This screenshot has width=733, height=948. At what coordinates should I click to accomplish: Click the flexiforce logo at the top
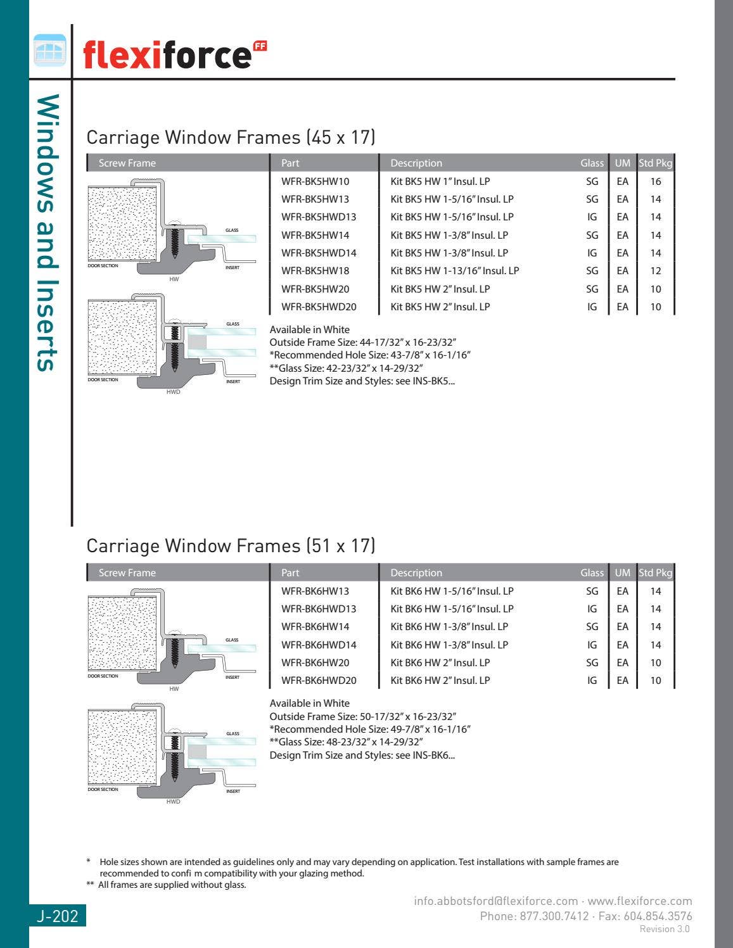coord(174,55)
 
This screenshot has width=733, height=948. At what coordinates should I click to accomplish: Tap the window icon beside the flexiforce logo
coord(49,51)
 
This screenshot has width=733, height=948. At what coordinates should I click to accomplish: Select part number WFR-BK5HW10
coord(315,181)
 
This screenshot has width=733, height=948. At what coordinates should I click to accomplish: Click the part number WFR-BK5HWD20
coord(319,307)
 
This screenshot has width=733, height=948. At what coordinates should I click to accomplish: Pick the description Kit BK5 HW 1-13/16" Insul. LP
coord(454,270)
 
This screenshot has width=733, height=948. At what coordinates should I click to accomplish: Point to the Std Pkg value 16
coord(655,181)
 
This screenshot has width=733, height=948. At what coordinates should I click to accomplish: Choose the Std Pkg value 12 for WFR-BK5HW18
coord(655,270)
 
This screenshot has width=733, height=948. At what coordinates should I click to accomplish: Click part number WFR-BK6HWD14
coord(319,645)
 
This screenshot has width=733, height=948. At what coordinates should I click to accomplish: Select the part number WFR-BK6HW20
coord(315,662)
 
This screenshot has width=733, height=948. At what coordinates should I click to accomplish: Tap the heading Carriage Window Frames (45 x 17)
coord(231,137)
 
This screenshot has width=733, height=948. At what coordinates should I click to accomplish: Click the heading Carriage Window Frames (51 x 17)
coord(231,545)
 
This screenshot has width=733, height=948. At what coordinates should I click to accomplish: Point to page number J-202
coord(57,916)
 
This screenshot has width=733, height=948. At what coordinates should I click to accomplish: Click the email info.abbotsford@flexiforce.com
coord(495,901)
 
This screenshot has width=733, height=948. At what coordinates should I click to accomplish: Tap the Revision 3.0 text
coord(664,929)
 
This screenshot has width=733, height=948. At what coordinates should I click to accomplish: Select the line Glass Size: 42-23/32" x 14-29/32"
coord(346,368)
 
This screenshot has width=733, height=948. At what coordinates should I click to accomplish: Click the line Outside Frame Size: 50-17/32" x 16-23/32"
coord(362,716)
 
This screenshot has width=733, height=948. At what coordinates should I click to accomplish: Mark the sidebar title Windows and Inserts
coord(48,232)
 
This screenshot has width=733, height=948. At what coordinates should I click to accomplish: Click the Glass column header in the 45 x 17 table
coord(592,163)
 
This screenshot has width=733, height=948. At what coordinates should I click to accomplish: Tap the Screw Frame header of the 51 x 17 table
coord(127,572)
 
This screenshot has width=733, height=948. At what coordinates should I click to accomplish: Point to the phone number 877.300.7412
coord(554,916)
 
